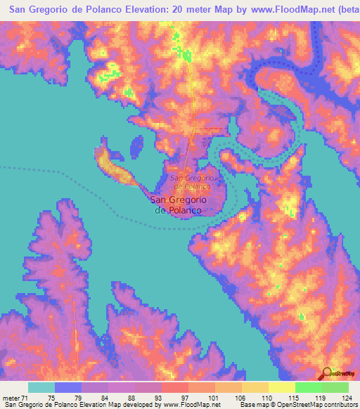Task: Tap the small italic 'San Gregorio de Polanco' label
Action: (x=192, y=183)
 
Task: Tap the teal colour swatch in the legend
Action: (x=41, y=387)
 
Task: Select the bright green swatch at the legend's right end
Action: (x=335, y=387)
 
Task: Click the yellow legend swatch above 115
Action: (x=282, y=387)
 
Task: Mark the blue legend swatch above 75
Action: (x=68, y=387)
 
